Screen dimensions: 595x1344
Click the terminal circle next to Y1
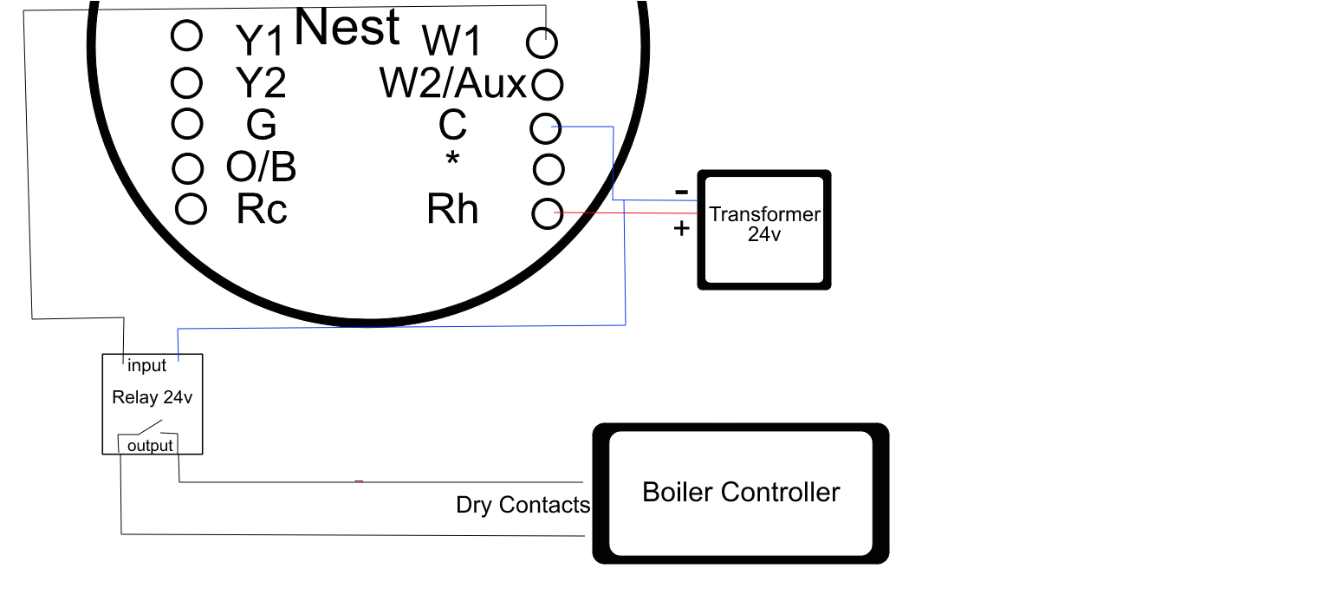(187, 36)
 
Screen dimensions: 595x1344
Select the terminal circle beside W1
(542, 42)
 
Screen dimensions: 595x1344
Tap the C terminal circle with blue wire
(545, 129)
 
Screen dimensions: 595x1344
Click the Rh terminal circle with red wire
(547, 213)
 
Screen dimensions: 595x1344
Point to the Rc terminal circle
(191, 208)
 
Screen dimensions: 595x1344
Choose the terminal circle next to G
(187, 124)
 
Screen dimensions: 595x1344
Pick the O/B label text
(261, 167)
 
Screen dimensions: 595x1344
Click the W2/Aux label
(452, 84)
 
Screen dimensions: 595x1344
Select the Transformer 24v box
(764, 230)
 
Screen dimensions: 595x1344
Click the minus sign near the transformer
(681, 191)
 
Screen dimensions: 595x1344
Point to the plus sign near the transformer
(681, 228)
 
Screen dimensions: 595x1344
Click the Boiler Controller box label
(741, 493)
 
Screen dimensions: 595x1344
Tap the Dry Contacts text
(523, 505)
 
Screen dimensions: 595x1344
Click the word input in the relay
(146, 366)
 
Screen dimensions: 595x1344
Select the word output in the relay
(150, 446)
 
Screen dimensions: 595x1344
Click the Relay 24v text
(152, 398)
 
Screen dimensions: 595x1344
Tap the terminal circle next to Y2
(187, 83)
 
